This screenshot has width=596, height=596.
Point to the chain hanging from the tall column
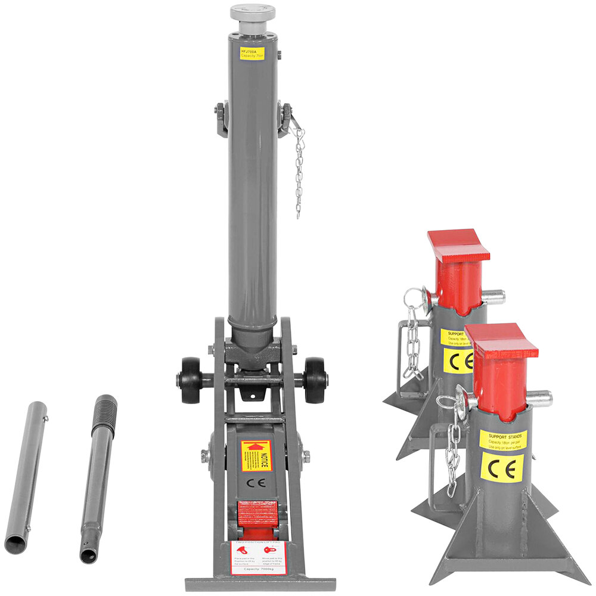(x=299, y=173)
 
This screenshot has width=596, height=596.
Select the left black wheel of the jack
(x=191, y=380)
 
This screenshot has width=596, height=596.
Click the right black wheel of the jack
(x=314, y=380)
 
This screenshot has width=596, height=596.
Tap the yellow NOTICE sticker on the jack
(x=256, y=456)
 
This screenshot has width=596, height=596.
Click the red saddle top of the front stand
(x=502, y=340)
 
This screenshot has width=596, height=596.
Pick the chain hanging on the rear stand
(x=412, y=346)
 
